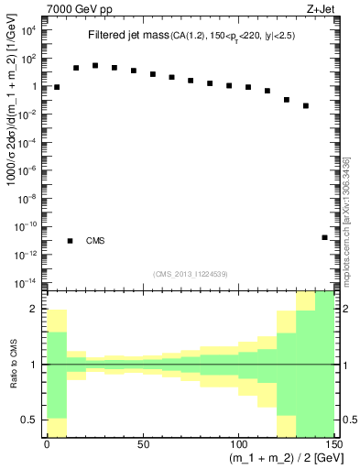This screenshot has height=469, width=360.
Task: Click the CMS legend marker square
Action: pyautogui.click(x=70, y=241)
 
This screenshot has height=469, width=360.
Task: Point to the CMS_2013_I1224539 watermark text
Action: pyautogui.click(x=191, y=274)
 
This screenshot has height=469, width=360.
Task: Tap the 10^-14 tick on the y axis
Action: pyautogui.click(x=27, y=281)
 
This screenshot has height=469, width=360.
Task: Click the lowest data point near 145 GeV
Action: pyautogui.click(x=324, y=237)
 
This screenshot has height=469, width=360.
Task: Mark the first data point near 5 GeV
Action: pyautogui.click(x=57, y=87)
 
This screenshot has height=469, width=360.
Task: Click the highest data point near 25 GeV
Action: pyautogui.click(x=95, y=66)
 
